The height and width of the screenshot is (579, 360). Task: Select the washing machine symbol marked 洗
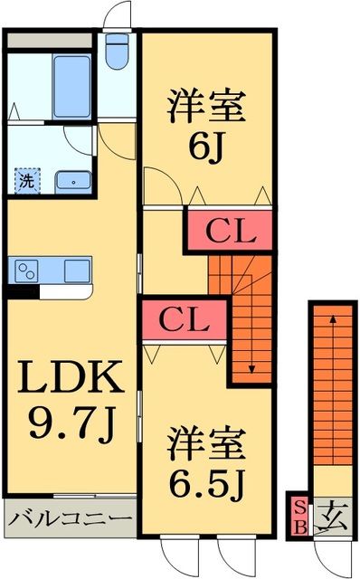pyautogui.click(x=27, y=180)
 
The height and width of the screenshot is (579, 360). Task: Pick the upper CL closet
pyautogui.click(x=230, y=231)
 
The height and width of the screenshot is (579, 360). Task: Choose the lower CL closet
pyautogui.click(x=185, y=319)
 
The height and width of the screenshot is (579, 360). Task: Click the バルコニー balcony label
pyautogui.click(x=70, y=519)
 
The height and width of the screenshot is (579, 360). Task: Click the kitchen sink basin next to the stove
pyautogui.click(x=77, y=270)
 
